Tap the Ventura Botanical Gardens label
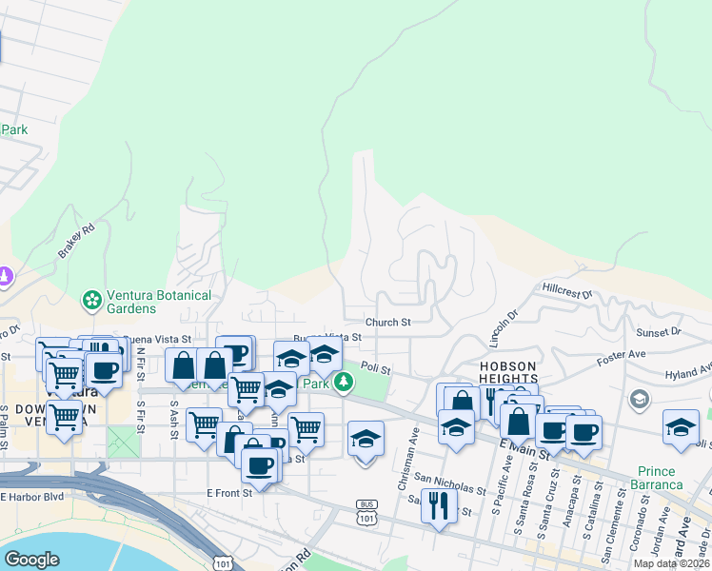[159, 302]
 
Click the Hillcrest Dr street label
[567, 286]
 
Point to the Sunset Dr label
[659, 332]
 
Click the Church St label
[386, 323]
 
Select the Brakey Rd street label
[76, 242]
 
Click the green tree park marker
[344, 384]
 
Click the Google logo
[31, 560]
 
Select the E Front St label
[229, 493]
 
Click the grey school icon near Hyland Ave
[640, 398]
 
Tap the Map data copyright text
[671, 563]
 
